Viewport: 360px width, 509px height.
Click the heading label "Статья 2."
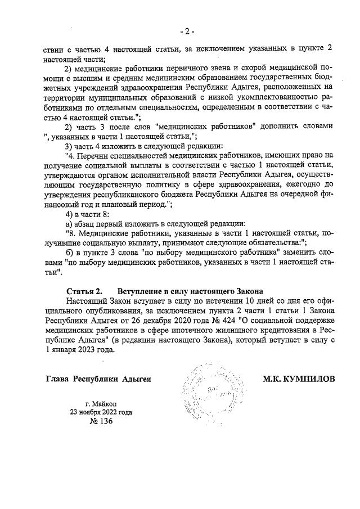pos(84,291)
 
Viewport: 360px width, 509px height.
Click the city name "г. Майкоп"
pos(101,403)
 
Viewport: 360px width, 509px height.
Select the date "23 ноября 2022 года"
pos(101,412)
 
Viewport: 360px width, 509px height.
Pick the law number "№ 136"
pos(101,422)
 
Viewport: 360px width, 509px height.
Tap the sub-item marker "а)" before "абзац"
pos(70,224)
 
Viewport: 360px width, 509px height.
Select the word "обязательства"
pos(272,243)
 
